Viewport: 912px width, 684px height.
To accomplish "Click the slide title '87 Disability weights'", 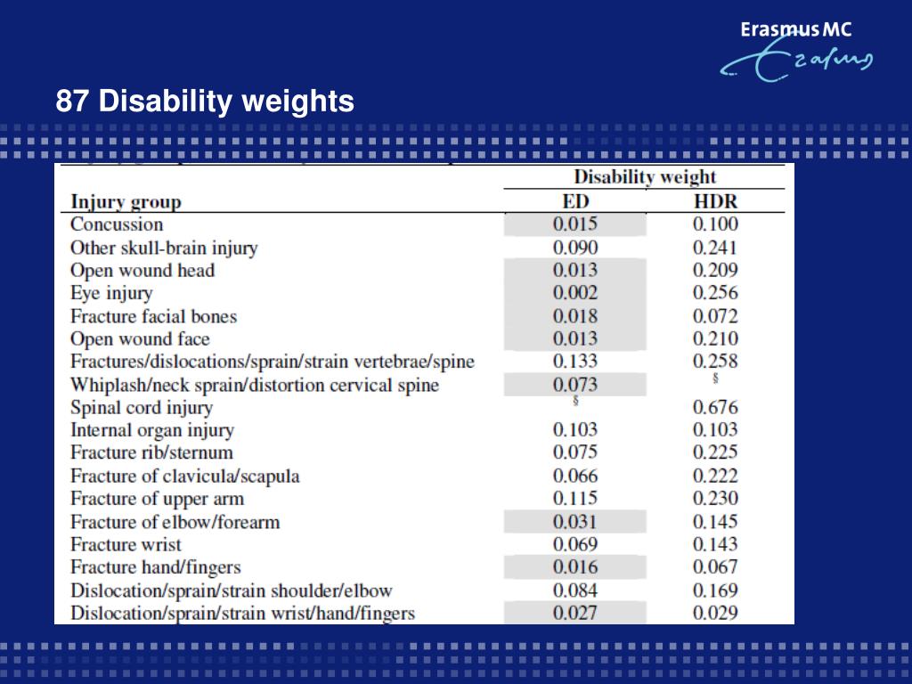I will click(204, 102).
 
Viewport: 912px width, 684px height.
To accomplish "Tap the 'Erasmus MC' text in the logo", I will click(795, 30).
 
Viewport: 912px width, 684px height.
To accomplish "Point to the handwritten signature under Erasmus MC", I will click(797, 65).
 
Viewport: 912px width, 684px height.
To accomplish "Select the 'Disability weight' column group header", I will click(644, 176).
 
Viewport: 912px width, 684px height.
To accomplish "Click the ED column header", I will click(575, 201).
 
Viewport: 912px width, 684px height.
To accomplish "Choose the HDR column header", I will click(715, 201).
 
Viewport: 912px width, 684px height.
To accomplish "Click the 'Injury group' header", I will click(126, 201).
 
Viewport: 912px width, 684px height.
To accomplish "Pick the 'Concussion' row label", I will click(117, 224).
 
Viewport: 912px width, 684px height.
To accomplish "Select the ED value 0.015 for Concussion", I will click(575, 224).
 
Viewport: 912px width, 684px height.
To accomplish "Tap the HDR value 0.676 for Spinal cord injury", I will click(715, 407).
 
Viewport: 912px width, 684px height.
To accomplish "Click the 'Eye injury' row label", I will click(111, 293).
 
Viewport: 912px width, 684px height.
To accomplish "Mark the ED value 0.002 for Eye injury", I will click(575, 293).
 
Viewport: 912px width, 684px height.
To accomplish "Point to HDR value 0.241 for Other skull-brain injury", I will click(715, 248).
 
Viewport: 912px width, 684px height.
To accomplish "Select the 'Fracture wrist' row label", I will click(126, 544).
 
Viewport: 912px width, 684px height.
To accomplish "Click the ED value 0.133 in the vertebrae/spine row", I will click(575, 362).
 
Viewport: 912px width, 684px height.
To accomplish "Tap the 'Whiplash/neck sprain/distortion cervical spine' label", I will click(255, 385).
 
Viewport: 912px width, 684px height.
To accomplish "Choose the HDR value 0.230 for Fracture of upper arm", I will click(715, 499).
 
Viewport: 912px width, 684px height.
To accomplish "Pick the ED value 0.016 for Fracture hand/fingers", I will click(575, 567).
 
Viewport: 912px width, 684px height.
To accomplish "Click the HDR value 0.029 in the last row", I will click(715, 613).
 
